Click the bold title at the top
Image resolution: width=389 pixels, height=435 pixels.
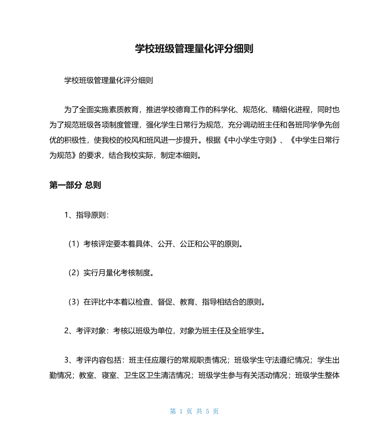tap(194, 49)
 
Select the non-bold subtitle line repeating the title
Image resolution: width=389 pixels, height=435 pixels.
tap(109, 81)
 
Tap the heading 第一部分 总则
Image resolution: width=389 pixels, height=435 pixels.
tap(75, 185)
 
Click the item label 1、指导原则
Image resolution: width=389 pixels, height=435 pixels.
tap(86, 215)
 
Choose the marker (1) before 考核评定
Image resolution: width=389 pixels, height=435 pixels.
tap(73, 244)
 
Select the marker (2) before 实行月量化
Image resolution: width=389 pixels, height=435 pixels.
tap(73, 273)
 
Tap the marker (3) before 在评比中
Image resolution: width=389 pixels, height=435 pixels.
tap(73, 302)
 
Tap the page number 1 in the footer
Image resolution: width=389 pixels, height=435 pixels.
tap(181, 411)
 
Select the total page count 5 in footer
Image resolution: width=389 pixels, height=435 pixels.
tap(207, 411)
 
